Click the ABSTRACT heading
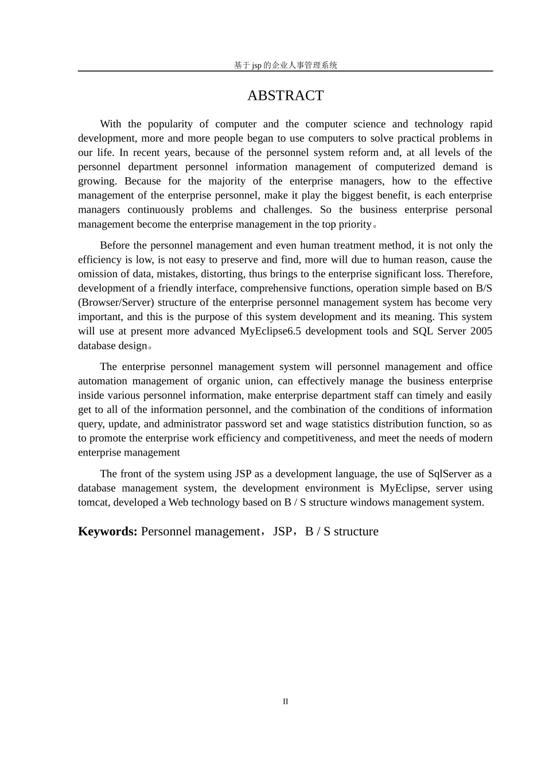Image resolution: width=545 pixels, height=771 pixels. click(x=285, y=96)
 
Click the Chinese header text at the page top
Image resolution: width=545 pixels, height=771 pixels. click(x=285, y=65)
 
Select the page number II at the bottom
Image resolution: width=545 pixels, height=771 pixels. click(x=285, y=702)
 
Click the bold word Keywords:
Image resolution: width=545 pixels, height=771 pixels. click(x=107, y=531)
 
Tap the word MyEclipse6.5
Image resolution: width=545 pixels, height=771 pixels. click(x=271, y=331)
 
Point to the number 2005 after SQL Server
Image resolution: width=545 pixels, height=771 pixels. click(x=481, y=331)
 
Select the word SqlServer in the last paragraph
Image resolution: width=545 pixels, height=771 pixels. click(x=450, y=474)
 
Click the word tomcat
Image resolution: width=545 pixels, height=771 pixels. click(x=94, y=503)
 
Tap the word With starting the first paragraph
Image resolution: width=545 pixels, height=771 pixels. click(x=110, y=124)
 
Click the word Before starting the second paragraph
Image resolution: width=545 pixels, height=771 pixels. click(x=115, y=246)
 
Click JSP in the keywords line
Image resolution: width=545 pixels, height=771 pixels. click(x=282, y=531)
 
